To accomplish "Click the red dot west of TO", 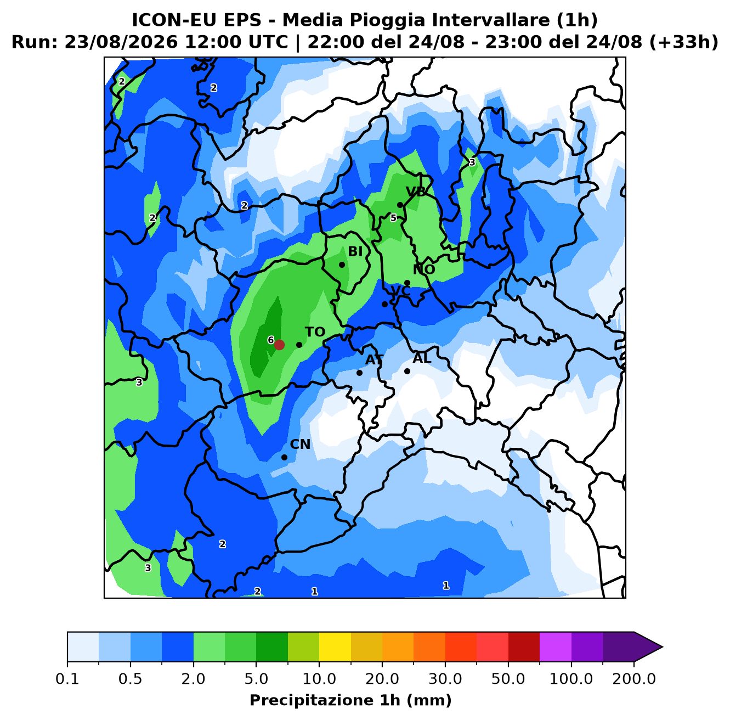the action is (x=279, y=345).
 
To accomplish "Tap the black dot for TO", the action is (x=299, y=345).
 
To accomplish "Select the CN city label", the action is (x=300, y=445).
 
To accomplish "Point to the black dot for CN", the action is (x=284, y=457).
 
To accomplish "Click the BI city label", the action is (x=355, y=251).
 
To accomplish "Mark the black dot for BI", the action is (x=342, y=265).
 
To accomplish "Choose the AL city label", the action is (x=422, y=358).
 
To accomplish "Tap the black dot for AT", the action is (x=359, y=373).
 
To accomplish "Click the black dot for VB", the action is (x=400, y=205).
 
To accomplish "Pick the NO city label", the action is (x=424, y=269).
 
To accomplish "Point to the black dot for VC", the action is (x=384, y=304).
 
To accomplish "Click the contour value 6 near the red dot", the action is (x=270, y=340).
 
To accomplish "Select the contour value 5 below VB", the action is (x=393, y=218).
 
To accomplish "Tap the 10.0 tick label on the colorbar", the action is (x=319, y=679).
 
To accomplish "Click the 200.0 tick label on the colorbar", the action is (x=634, y=679).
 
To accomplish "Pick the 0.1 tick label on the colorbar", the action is (x=67, y=679).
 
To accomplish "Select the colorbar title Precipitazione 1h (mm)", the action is (x=350, y=700).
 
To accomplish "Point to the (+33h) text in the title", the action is (x=683, y=42).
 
